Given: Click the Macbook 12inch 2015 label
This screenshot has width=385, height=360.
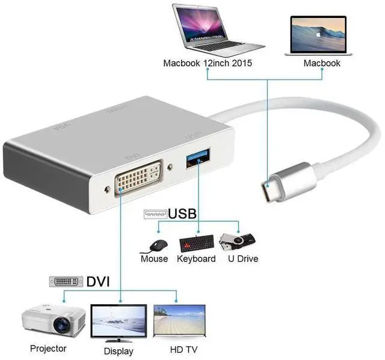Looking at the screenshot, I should coord(208,63).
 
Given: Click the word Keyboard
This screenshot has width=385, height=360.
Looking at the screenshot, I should coord(196,259).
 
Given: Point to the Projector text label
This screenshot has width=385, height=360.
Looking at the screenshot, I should coord(48,348).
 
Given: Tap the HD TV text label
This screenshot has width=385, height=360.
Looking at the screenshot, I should coord(182,349).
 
